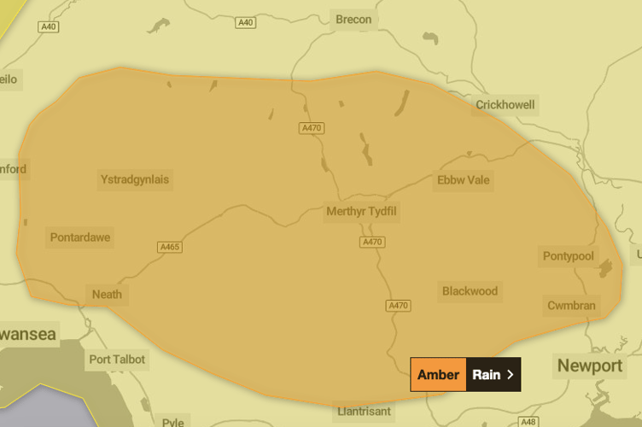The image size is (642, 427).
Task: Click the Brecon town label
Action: pos(353,20)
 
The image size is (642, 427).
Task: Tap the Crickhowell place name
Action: pos(505,105)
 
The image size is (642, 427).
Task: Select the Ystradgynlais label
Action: pos(135,179)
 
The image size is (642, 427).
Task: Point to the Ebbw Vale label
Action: pos(464,180)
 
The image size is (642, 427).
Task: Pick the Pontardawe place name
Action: pos(80,237)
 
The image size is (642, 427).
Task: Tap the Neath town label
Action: pos(107,295)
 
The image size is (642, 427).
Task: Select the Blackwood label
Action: pos(470,291)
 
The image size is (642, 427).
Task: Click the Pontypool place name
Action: pos(568,256)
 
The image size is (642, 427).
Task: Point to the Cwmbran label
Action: pos(571,306)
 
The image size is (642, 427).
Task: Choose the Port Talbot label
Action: pos(117,360)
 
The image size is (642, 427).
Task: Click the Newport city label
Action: pos(590,366)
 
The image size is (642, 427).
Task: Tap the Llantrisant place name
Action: pos(364,411)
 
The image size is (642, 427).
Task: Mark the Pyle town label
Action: pos(172,422)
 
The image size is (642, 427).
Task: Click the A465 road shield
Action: pos(170,248)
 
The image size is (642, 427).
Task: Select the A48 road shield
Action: pos(528,422)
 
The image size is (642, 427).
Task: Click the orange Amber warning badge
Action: pos(438,374)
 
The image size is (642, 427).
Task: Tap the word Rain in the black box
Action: pos(486,374)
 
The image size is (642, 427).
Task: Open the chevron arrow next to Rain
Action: pos(511,374)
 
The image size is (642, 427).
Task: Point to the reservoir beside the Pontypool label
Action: pos(607,269)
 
